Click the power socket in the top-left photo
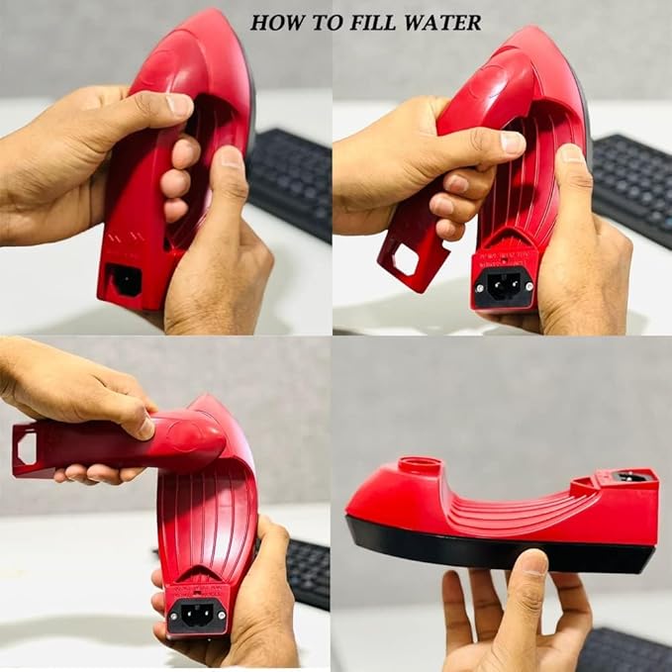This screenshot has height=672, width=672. pos(126,280)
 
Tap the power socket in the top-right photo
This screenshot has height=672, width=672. pos(505,286)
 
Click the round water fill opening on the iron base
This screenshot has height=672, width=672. pos(420,465)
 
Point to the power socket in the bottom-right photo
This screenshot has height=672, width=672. pos(628,477)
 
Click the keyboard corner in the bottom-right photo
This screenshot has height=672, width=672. pos(624,648)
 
